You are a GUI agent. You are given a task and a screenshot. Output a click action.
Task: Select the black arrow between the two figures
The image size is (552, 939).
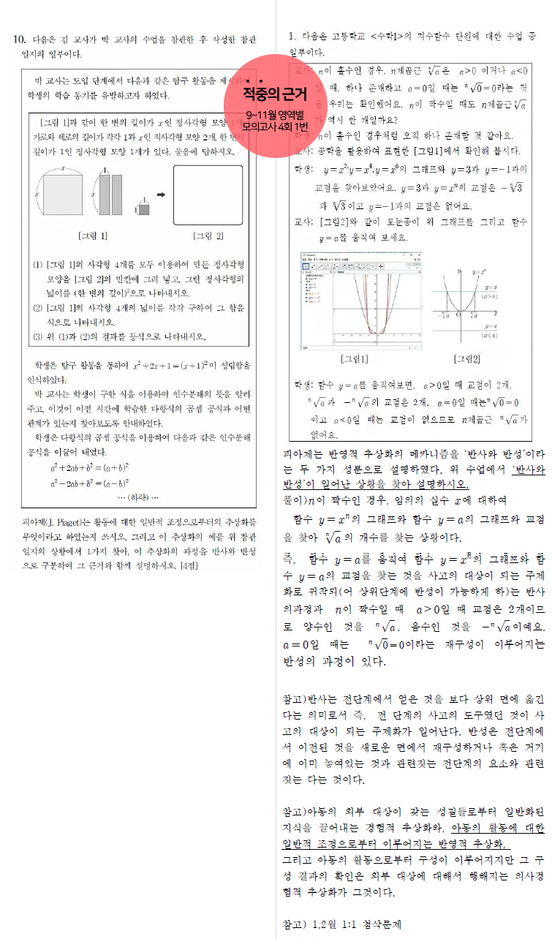[x=161, y=195]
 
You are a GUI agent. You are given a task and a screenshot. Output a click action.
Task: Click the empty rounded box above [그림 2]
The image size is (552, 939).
[x=208, y=195]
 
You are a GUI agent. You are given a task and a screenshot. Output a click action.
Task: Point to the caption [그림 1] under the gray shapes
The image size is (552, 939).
[x=93, y=235]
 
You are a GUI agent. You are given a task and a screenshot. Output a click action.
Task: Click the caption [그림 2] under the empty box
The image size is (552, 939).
[x=208, y=235]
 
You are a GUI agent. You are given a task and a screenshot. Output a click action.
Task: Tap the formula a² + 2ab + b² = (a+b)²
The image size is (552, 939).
[x=90, y=467]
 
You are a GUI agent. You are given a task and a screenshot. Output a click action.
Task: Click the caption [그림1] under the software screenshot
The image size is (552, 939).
[x=355, y=359]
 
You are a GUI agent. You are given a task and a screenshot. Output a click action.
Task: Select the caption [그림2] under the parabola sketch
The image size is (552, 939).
[x=466, y=359]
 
